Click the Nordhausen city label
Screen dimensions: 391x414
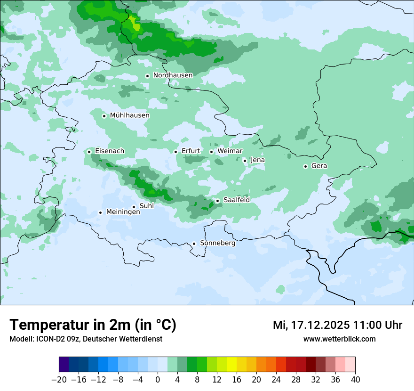pyautogui.click(x=173, y=75)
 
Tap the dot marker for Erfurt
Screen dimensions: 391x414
pyautogui.click(x=175, y=152)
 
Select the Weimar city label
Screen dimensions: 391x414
pyautogui.click(x=230, y=151)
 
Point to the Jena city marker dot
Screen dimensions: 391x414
pyautogui.click(x=245, y=161)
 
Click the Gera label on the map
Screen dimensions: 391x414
pyautogui.click(x=319, y=166)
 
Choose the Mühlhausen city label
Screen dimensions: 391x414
pyautogui.click(x=129, y=115)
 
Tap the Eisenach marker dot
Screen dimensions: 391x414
pyautogui.click(x=89, y=152)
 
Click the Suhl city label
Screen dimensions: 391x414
pyautogui.click(x=147, y=206)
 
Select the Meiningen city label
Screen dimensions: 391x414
pyautogui.click(x=123, y=212)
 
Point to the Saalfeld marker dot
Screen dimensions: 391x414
pyautogui.click(x=217, y=201)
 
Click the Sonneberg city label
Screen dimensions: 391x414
pyautogui.click(x=217, y=243)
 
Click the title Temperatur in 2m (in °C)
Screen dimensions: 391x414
pyautogui.click(x=93, y=325)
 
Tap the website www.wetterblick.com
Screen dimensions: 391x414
pyautogui.click(x=339, y=339)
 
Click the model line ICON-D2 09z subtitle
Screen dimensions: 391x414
pyautogui.click(x=86, y=339)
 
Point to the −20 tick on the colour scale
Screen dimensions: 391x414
pyautogui.click(x=59, y=380)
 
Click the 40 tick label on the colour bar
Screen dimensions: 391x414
pyautogui.click(x=355, y=380)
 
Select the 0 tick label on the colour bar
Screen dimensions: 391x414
pyautogui.click(x=158, y=380)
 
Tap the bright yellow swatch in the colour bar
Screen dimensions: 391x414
pyautogui.click(x=231, y=365)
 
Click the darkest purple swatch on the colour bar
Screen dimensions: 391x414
pyautogui.click(x=64, y=365)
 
